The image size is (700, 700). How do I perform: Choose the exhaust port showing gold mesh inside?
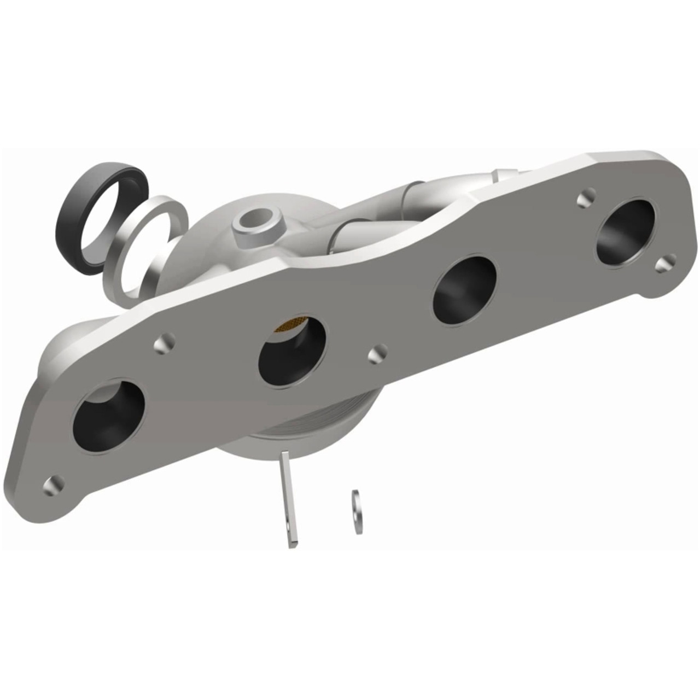(292, 350)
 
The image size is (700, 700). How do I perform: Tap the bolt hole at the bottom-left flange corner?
(54, 483)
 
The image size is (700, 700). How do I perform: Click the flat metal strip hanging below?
(289, 498)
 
